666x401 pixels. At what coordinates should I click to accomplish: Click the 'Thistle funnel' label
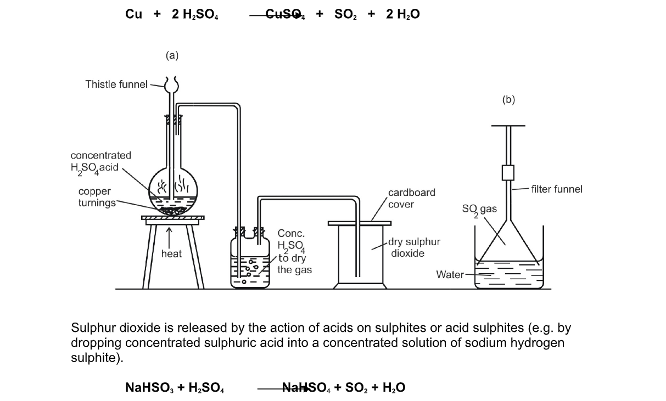116,84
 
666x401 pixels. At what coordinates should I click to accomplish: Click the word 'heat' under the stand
171,254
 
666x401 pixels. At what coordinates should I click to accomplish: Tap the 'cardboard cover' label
411,198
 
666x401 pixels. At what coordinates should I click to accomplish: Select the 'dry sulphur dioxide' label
414,247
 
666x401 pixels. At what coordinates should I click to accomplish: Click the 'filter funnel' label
556,189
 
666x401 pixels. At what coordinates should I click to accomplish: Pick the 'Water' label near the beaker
450,274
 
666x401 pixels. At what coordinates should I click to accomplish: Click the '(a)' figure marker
172,55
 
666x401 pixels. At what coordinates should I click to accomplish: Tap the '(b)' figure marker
508,99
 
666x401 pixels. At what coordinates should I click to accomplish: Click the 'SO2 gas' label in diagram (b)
480,210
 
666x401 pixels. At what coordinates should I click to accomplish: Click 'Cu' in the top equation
133,15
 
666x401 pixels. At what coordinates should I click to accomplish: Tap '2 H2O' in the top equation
402,15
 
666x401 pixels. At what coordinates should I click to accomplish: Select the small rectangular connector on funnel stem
508,172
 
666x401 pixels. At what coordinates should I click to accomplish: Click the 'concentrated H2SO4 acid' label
100,162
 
